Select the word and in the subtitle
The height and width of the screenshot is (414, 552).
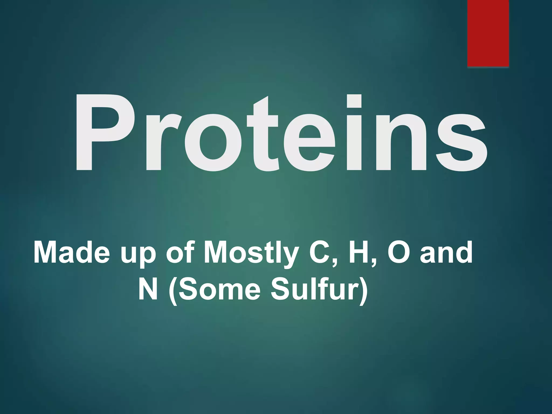point(446,253)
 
